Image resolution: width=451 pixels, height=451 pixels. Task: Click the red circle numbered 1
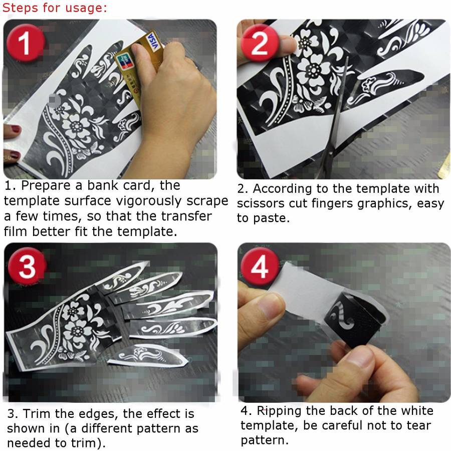(26, 43)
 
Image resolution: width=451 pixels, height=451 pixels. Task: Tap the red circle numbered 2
(260, 43)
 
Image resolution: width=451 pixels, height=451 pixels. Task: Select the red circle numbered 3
(27, 267)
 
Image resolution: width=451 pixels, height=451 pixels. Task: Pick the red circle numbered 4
(260, 267)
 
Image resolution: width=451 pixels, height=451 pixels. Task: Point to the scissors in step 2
(334, 121)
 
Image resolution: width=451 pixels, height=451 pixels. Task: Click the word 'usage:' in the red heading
(86, 8)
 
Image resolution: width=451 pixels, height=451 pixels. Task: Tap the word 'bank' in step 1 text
(103, 185)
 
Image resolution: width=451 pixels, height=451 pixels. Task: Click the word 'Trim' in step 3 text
(37, 413)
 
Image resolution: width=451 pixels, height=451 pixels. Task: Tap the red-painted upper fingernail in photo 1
(15, 129)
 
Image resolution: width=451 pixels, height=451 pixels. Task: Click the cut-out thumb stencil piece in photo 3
(148, 356)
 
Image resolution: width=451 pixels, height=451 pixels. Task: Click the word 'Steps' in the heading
(21, 8)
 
